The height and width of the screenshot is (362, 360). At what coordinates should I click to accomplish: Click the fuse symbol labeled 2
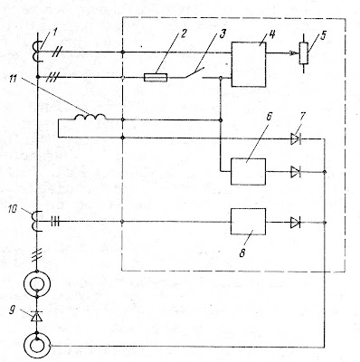156,78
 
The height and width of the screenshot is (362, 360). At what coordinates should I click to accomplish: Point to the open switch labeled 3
194,72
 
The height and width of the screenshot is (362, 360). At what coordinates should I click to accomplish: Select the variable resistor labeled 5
303,53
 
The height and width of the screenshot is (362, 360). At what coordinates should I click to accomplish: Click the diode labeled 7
296,138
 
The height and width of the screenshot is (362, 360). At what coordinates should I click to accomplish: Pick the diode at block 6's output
296,172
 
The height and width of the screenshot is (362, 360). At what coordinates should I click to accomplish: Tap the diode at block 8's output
296,223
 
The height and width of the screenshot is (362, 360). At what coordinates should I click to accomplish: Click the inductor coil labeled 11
90,117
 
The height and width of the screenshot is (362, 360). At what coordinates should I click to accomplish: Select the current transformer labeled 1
37,52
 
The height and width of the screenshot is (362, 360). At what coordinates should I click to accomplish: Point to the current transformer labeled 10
37,222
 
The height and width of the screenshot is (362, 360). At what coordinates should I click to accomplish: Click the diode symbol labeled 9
37,316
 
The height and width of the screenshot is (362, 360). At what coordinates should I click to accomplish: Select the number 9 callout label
12,310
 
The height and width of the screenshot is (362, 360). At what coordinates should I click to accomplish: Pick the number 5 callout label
323,35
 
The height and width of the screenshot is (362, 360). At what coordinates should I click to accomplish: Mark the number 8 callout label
242,252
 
